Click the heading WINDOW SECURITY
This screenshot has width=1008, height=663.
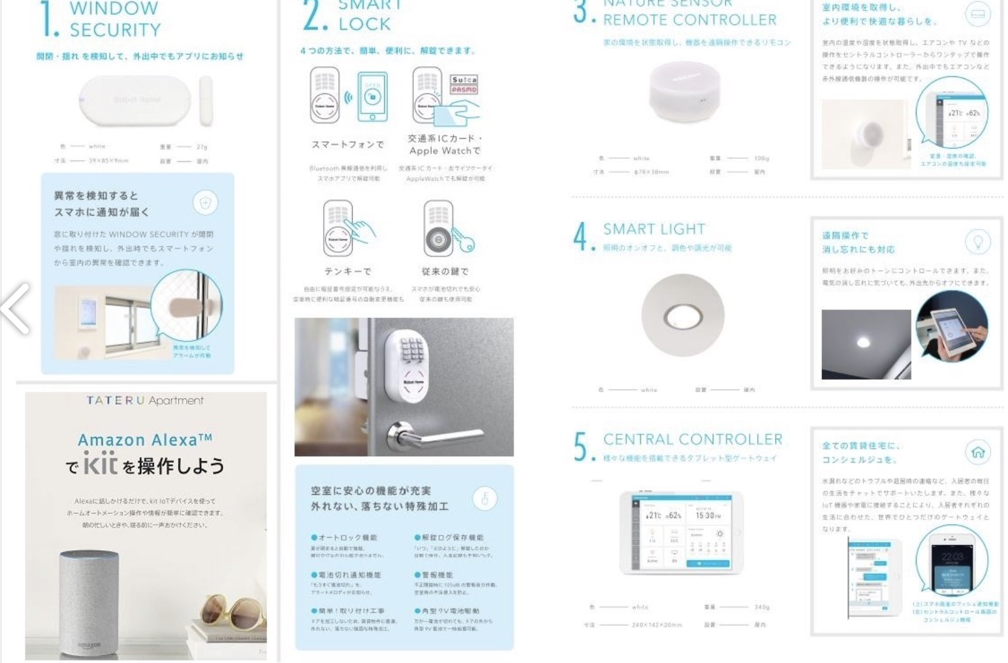tap(115, 19)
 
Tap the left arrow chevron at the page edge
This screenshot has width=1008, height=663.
tap(15, 308)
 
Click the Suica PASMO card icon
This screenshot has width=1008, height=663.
tap(464, 84)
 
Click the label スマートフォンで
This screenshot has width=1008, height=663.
tap(348, 144)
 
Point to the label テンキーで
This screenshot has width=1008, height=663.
tap(348, 271)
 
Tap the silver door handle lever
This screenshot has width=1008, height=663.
tap(435, 434)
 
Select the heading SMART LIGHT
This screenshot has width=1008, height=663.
tap(654, 229)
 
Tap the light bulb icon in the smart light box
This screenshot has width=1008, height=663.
tap(978, 241)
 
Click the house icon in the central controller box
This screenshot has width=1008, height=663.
tap(978, 452)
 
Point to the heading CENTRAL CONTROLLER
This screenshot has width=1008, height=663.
tap(692, 439)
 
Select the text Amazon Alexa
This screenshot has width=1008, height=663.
tap(144, 439)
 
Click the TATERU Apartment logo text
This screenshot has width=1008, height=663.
tap(145, 400)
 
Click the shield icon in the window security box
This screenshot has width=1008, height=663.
tap(205, 203)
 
